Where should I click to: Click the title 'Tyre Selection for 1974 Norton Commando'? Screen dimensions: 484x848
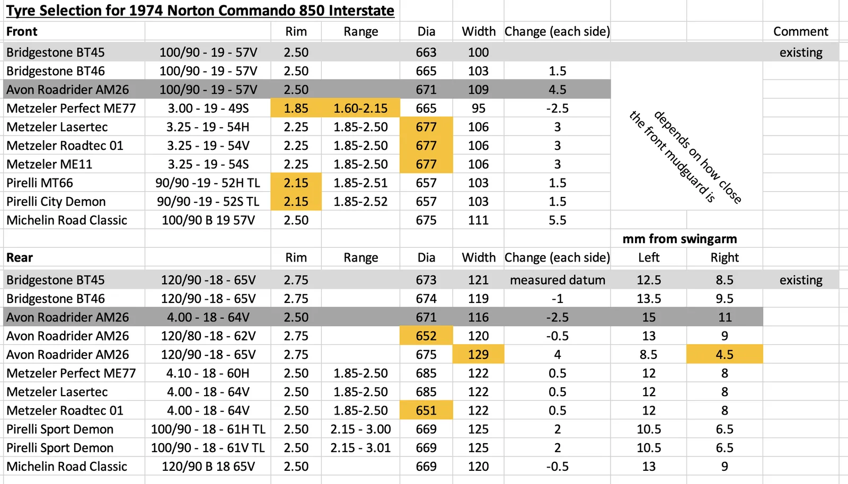[200, 11]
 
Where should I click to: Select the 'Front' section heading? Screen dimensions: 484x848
[22, 32]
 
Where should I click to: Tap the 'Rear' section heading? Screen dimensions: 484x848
[20, 258]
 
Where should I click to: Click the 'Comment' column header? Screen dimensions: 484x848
[800, 32]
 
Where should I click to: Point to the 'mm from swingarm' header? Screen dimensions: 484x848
[679, 239]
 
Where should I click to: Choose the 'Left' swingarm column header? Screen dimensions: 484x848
[649, 258]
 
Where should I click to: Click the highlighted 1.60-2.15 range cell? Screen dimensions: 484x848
[360, 109]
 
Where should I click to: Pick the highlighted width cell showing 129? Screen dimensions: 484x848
[478, 355]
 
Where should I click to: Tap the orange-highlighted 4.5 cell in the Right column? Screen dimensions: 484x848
[725, 355]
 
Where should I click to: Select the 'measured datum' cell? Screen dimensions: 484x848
[557, 280]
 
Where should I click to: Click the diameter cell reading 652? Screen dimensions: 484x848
[426, 336]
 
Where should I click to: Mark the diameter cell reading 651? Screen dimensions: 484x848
[426, 411]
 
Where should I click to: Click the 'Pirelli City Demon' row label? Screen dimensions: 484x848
[56, 202]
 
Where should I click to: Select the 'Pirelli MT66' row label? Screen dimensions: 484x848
[40, 183]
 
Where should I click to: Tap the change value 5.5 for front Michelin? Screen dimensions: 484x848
[557, 220]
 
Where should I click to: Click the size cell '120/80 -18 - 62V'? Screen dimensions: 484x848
[208, 336]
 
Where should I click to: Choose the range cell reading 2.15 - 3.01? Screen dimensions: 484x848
[360, 448]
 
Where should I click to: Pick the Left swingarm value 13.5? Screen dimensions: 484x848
[649, 299]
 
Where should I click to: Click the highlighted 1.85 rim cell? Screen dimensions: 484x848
[296, 109]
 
